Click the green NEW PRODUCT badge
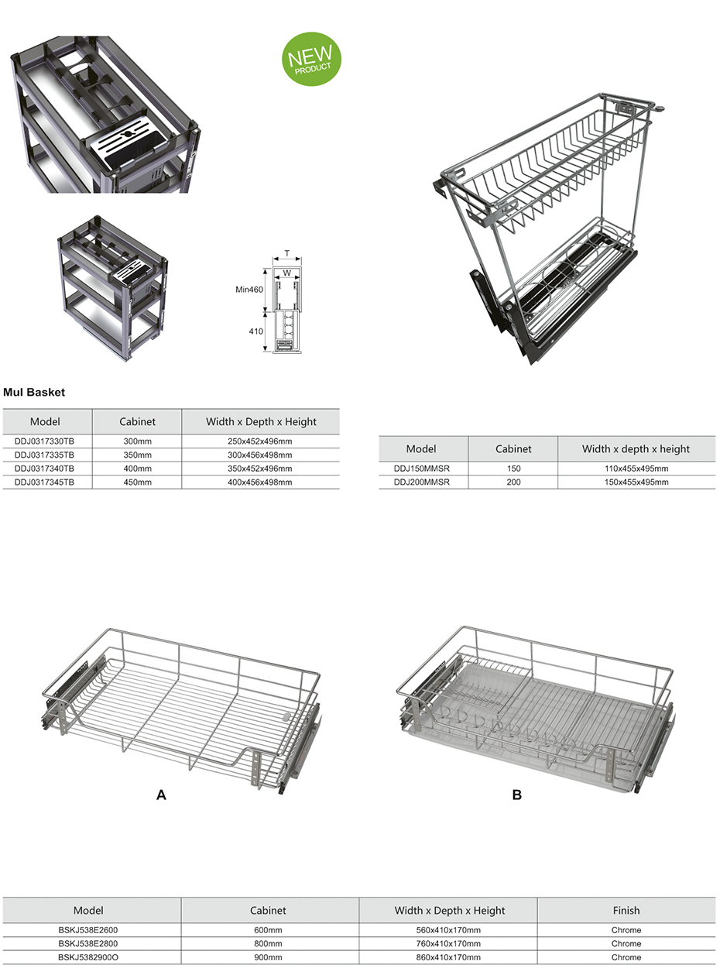tap(312, 59)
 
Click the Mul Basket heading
tap(34, 393)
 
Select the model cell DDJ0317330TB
tap(44, 441)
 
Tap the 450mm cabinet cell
tap(137, 482)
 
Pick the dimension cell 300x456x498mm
tap(260, 455)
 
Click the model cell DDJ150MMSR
tap(421, 469)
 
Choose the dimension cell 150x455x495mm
tap(636, 482)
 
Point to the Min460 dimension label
tap(250, 290)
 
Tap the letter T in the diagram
tap(287, 253)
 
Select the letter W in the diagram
tap(287, 273)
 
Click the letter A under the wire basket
tap(161, 795)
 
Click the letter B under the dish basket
tap(517, 795)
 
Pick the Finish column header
tap(626, 911)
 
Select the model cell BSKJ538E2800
tap(88, 944)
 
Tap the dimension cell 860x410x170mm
tap(449, 958)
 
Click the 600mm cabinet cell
tap(268, 930)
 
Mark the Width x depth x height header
tap(636, 449)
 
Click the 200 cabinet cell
tap(513, 482)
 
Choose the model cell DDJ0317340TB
tap(44, 469)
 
